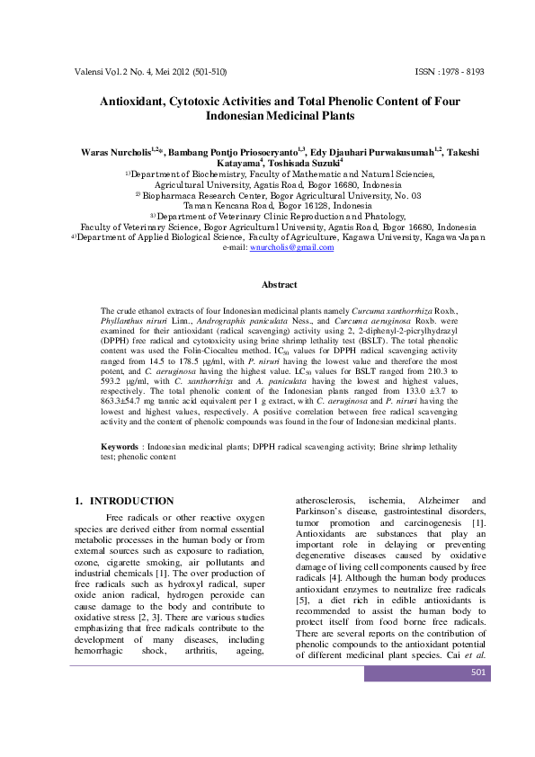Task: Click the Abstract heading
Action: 279,285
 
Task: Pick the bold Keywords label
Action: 119,446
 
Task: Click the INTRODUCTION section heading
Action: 130,501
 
